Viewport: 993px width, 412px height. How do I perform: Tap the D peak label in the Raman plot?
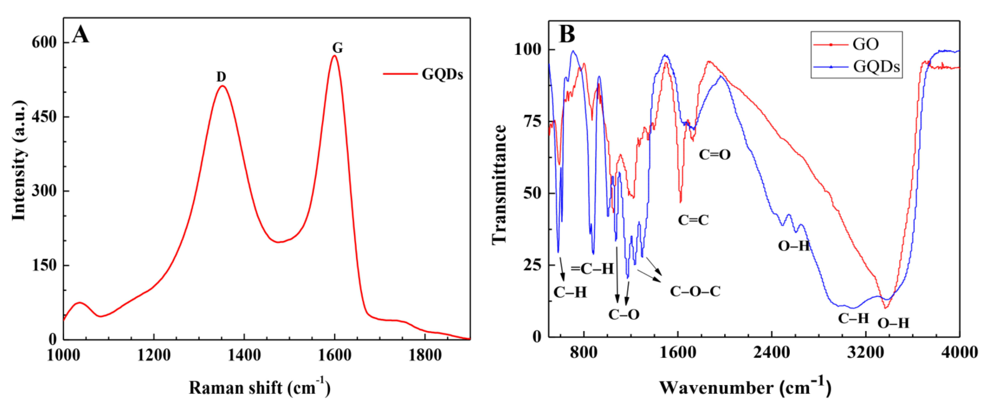[221, 77]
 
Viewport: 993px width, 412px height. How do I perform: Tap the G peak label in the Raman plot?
[337, 48]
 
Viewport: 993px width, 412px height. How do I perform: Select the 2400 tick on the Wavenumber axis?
[772, 352]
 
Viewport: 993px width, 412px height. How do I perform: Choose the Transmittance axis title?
[499, 184]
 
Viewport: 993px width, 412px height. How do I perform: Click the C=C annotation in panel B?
[693, 220]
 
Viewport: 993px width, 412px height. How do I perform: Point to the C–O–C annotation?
[695, 291]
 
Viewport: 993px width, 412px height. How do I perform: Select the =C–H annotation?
[592, 269]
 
